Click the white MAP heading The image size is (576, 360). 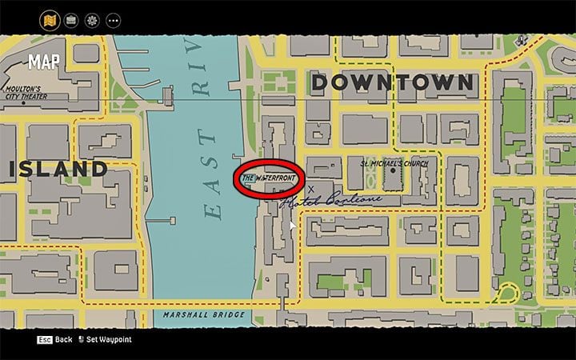pos(43,62)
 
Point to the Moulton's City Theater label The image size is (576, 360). pos(27,93)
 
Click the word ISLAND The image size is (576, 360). pos(58,169)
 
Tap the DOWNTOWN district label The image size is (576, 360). pos(392,82)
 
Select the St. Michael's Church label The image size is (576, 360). pos(394,163)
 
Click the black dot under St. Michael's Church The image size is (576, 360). pos(394,170)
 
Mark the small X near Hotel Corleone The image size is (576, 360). pos(311,189)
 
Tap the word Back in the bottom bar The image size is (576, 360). pos(64,340)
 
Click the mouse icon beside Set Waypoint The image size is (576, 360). pos(81,340)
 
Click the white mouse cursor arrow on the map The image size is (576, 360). pos(292,226)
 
